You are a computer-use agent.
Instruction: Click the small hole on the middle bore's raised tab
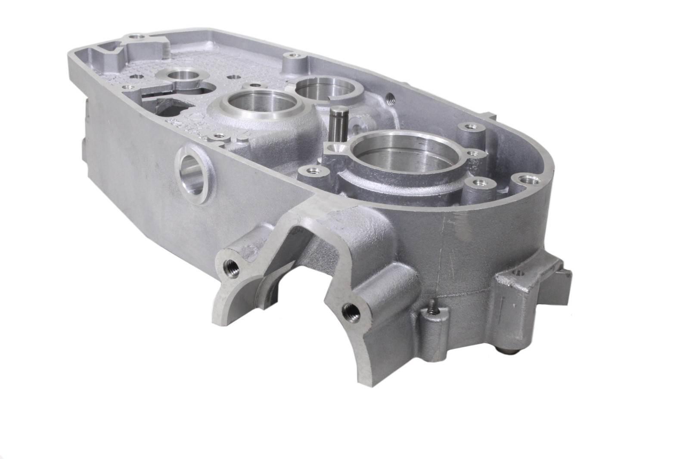(257, 85)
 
